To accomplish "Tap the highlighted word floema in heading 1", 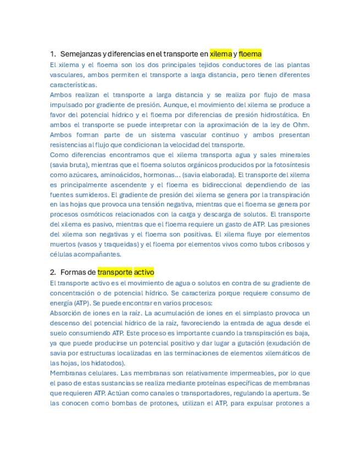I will (x=250, y=54).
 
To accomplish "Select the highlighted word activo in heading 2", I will (x=144, y=272).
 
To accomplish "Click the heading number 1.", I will (x=52, y=54).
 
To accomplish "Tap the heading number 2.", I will (x=52, y=272).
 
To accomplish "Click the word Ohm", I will (x=302, y=125).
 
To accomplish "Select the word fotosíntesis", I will (x=290, y=165).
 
